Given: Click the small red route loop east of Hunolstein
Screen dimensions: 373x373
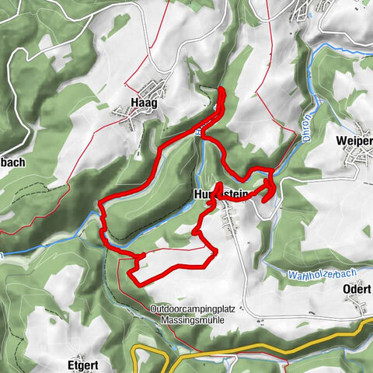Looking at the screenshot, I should click(x=269, y=188).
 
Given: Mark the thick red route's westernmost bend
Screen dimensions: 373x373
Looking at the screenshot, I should click(x=100, y=204).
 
